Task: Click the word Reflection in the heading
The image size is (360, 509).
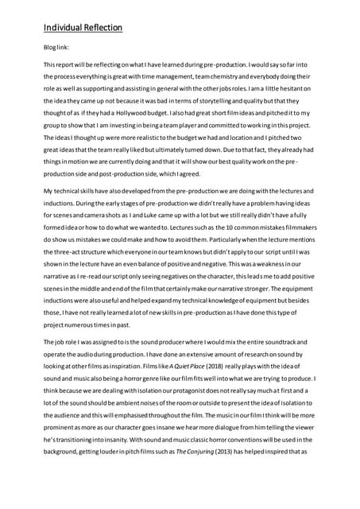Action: point(103,29)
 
